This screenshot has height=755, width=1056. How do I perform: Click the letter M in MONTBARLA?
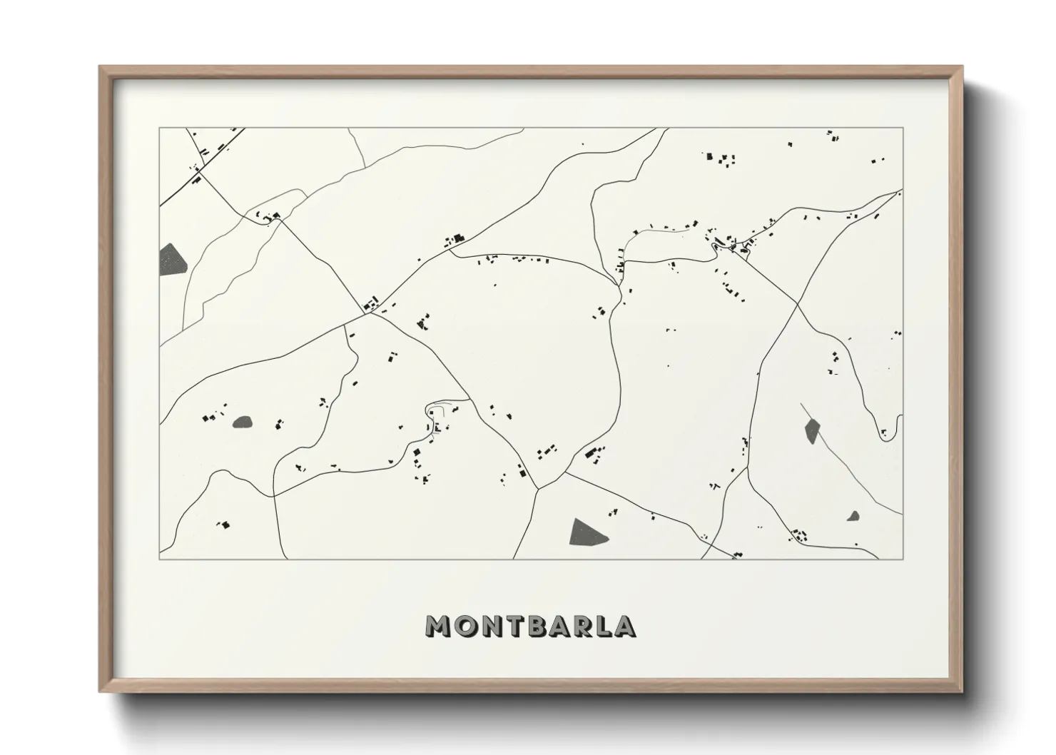(437, 626)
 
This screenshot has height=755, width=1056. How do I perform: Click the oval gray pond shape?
(243, 422)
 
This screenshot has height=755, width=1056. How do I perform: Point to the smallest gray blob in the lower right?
(853, 515)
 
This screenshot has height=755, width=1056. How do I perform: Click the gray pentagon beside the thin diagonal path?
(812, 430)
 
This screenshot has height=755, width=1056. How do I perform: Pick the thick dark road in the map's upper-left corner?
(178, 190)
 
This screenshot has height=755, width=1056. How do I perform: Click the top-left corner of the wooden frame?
(101, 67)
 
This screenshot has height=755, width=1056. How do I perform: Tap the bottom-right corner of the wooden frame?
(962, 691)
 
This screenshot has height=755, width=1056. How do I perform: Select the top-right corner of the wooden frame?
(962, 67)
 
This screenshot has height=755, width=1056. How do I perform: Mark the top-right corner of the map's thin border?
(903, 128)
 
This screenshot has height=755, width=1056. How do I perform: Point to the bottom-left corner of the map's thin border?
(160, 559)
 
